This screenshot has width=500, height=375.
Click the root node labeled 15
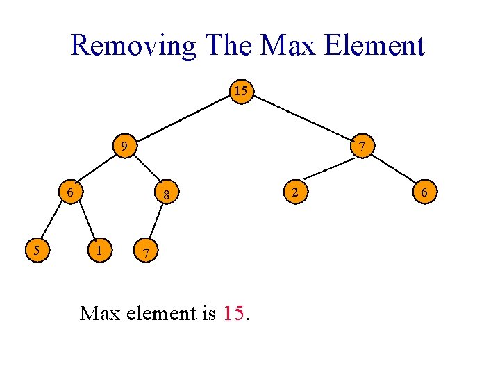pos(240,92)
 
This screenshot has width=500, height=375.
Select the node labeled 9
pos(124,147)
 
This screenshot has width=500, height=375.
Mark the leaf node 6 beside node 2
pos(424,191)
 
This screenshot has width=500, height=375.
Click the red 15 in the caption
pos(234,314)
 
